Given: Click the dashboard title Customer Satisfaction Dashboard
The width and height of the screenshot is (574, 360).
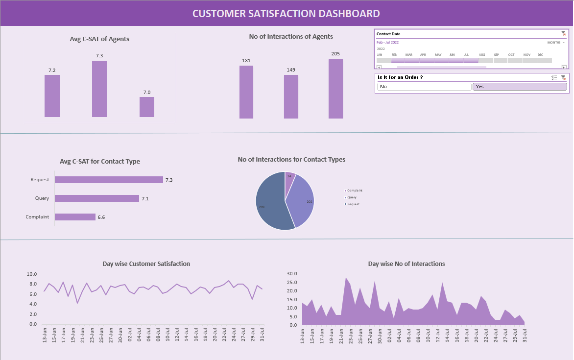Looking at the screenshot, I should coord(286,13).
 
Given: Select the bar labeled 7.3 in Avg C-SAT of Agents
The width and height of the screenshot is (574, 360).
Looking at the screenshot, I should coord(99,89).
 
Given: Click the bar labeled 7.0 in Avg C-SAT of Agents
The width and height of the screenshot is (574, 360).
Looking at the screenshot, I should coord(147,107).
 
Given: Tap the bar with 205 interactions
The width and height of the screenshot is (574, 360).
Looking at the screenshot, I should coord(335,89).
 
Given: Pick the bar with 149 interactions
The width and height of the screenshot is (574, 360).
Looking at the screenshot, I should coord(291,96).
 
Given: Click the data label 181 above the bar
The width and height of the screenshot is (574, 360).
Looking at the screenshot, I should coord(246,61).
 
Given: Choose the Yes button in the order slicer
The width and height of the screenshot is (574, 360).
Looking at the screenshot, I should coord(519,87).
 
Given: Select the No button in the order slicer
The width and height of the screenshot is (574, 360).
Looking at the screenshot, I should coord(424,87).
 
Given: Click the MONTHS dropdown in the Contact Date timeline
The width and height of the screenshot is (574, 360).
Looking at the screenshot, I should coord(555,43).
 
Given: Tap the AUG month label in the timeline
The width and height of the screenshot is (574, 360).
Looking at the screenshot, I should coord(482,55).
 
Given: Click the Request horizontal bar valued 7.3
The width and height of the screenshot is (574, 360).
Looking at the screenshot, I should coord(109,180).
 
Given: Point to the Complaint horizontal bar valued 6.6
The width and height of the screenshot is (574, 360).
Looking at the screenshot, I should coord(75,217).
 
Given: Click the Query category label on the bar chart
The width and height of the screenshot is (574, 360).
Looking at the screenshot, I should coord(42,198).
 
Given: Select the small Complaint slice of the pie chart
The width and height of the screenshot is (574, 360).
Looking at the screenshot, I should coord(289,178).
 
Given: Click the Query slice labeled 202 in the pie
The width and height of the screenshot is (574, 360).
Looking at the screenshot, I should coord(301,201).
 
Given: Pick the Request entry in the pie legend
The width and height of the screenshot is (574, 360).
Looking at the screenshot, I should coord(353,204).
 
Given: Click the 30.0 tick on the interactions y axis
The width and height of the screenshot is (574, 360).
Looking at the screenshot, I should coord(292,274).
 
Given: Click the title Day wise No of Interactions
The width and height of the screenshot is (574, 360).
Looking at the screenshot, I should coord(407,264).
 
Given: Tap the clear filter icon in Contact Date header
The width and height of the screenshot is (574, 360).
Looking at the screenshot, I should coord(564,33).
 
